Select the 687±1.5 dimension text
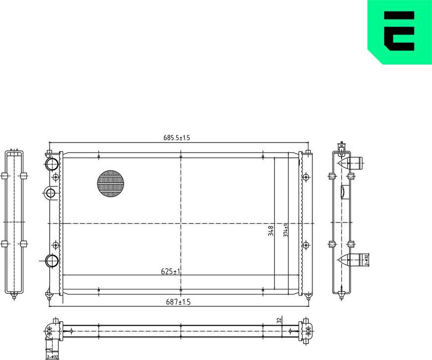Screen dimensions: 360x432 pos(177,302)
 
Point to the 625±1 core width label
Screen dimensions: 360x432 pos(170,272)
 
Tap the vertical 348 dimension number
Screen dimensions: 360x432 pos(271,231)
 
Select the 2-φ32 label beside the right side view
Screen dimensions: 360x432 pos(366,260)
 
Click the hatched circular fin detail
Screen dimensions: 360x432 pos(110,184)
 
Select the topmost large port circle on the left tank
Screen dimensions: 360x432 pos(51,163)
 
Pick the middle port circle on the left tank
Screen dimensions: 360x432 pos(50,193)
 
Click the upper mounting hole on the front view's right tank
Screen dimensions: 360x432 pos(306,177)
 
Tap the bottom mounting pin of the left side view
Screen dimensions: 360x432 pos(14,297)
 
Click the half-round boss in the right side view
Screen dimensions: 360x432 pos(344,192)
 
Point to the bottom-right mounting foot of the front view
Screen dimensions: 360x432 pos(308,296)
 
